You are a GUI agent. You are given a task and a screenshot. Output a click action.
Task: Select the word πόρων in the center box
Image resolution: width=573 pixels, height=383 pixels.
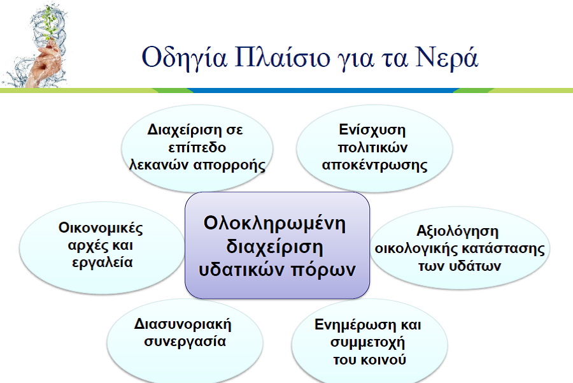[330, 269]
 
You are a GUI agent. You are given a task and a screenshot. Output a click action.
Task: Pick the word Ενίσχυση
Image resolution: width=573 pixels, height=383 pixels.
[372, 129]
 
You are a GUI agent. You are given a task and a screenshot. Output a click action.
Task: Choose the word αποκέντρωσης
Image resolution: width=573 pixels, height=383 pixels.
[374, 164]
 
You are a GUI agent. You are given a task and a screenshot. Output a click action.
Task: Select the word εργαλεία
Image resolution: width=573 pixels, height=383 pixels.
[102, 262]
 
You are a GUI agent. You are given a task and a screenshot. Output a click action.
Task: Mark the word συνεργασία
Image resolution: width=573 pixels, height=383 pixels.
[181, 340]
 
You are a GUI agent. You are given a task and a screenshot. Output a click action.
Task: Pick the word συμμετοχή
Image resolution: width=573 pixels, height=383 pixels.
[368, 342]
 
